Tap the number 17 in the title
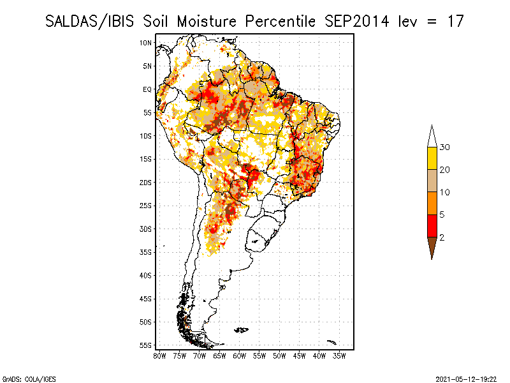click(455, 21)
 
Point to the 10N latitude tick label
click(146, 43)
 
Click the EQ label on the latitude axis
click(147, 89)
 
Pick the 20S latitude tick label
click(146, 182)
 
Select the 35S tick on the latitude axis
click(146, 252)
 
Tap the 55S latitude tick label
click(146, 345)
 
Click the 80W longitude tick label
click(159, 356)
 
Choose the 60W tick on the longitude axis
click(240, 356)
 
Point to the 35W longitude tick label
click(339, 356)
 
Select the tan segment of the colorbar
click(432, 181)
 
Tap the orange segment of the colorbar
click(432, 203)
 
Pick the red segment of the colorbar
click(432, 225)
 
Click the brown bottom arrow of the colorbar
click(432, 246)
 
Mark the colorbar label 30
click(445, 147)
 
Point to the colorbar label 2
click(442, 237)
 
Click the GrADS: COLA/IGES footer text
click(24, 378)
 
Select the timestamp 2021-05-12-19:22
click(467, 378)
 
